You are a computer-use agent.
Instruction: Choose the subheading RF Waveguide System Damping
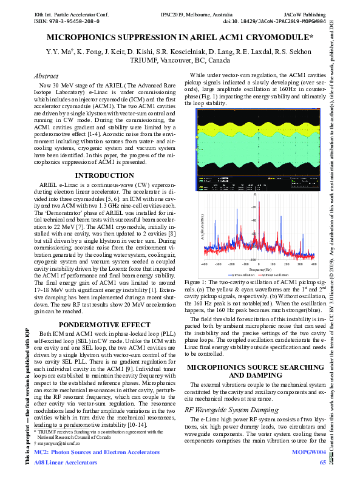pos(227,410)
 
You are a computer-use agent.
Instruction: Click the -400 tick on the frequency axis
pos(205,264)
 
